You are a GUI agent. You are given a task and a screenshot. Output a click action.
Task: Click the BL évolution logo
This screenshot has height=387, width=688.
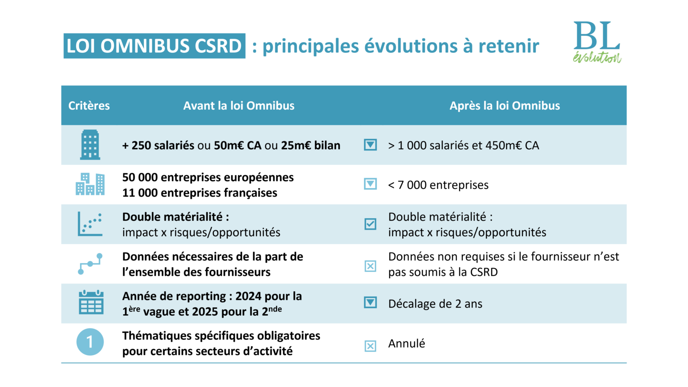tap(597, 42)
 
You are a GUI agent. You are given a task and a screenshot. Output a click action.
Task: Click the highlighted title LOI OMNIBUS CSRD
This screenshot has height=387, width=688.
tap(154, 46)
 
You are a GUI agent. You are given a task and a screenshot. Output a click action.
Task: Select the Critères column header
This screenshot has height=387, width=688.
tap(89, 106)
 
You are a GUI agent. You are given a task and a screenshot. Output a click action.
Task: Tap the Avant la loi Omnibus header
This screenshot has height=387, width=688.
tap(239, 106)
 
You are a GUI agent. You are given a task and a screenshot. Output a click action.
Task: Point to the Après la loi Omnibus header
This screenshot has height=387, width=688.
tap(504, 106)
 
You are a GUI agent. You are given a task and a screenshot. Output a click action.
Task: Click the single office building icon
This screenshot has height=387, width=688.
tap(90, 145)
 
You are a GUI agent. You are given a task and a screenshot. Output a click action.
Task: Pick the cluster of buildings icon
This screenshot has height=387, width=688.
tap(90, 184)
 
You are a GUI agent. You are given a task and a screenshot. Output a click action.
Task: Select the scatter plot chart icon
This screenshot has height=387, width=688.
tap(90, 224)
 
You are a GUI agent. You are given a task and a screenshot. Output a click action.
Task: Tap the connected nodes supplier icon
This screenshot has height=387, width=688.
tap(90, 264)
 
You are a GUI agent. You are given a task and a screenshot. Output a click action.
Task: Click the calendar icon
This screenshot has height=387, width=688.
tap(91, 302)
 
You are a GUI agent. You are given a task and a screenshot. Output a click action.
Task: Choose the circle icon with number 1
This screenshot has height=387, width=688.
tap(90, 342)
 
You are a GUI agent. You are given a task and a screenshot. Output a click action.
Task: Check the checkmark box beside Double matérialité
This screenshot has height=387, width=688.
tap(370, 224)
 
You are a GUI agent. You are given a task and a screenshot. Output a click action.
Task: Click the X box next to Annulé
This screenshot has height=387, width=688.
tap(370, 346)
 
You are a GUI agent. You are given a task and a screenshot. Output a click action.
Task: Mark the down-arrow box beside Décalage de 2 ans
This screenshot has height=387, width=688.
tap(370, 302)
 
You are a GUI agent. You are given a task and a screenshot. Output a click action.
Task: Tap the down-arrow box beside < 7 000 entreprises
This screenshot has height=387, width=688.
tap(370, 184)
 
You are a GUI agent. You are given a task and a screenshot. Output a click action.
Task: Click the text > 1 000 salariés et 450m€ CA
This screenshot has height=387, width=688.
tap(463, 146)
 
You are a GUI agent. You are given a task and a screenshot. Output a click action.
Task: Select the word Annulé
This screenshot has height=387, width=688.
tap(406, 344)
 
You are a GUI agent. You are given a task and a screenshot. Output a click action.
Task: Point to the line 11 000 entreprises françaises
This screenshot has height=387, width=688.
tap(199, 193)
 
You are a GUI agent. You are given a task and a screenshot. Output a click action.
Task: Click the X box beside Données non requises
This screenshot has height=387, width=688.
tap(370, 266)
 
